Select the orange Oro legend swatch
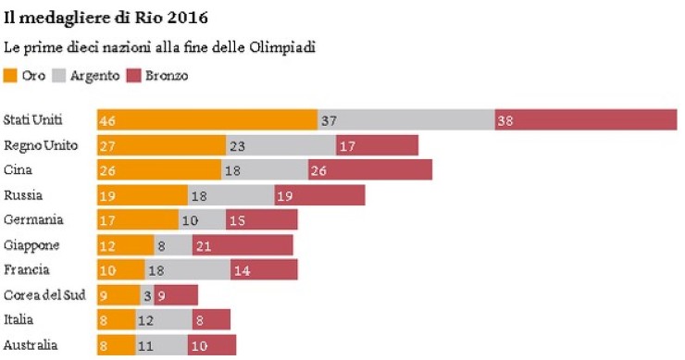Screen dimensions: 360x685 click(11, 76)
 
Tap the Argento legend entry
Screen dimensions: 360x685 click(88, 76)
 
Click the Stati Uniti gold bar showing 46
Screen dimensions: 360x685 click(207, 120)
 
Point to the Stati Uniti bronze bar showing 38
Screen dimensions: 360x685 click(585, 120)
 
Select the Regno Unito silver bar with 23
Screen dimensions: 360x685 click(280, 145)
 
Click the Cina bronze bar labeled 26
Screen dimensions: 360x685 click(369, 170)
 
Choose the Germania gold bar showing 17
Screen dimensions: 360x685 click(137, 220)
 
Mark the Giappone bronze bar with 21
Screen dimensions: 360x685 click(243, 245)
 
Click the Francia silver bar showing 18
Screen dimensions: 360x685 click(188, 269)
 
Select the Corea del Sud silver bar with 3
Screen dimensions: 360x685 click(147, 295)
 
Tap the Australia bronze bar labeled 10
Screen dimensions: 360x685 click(210, 345)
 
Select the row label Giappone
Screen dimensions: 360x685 click(32, 245)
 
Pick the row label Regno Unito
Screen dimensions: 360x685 click(41, 145)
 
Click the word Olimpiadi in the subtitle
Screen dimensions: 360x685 click(280, 46)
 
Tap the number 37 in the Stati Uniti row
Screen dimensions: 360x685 click(330, 120)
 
